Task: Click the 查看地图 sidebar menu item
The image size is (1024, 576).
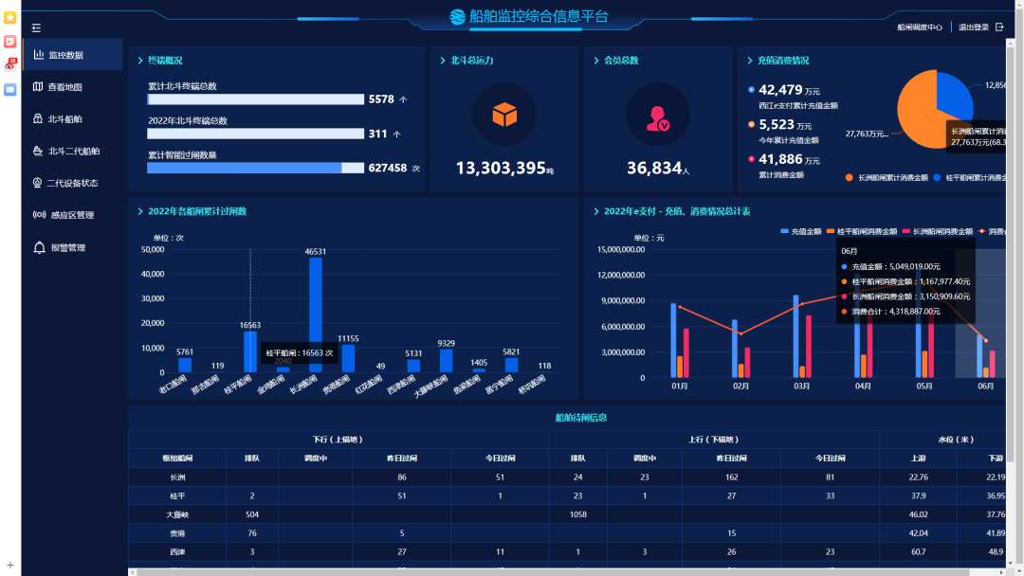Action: [x=64, y=87]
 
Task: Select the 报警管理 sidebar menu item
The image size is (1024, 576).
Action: [x=67, y=248]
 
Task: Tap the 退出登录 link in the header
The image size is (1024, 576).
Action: [x=974, y=27]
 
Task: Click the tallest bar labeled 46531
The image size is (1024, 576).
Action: [x=316, y=315]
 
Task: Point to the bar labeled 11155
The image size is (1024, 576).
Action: [x=348, y=358]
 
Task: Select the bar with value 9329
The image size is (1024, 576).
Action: [x=446, y=361]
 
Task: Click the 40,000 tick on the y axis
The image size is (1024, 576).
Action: [x=153, y=275]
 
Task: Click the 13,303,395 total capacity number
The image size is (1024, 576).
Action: [x=501, y=168]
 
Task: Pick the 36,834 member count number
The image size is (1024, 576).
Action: [x=654, y=168]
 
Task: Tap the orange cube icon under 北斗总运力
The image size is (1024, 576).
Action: [x=504, y=115]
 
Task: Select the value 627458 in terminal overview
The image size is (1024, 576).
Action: [x=387, y=168]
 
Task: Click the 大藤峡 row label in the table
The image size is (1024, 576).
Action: [x=177, y=513]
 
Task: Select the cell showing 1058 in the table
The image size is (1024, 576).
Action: [x=577, y=513]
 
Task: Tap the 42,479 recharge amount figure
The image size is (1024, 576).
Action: [x=780, y=90]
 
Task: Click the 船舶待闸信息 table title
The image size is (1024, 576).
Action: [x=580, y=417]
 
